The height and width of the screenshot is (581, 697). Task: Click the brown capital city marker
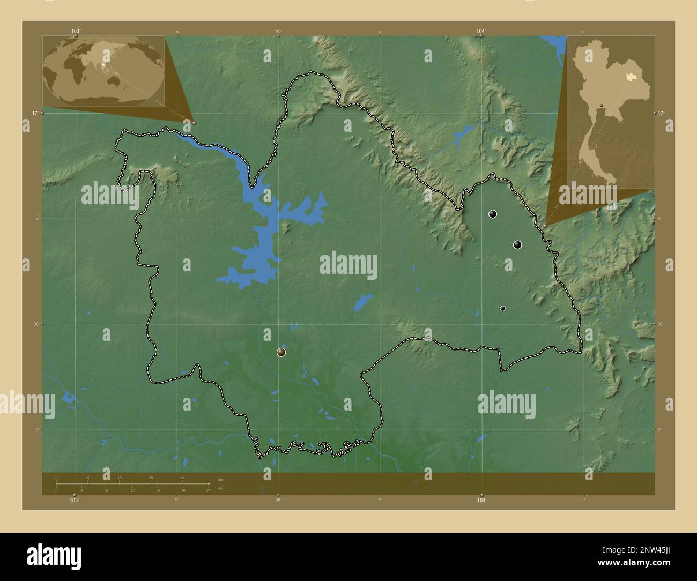pyautogui.click(x=281, y=352)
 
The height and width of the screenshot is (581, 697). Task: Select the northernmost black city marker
pyautogui.click(x=493, y=214)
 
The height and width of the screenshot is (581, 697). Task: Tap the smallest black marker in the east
pyautogui.click(x=502, y=308)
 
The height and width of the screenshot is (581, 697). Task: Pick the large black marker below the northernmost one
pyautogui.click(x=517, y=245)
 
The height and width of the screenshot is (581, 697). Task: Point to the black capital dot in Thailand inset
pyautogui.click(x=602, y=105)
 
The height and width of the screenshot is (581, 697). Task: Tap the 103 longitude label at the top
pyautogui.click(x=76, y=31)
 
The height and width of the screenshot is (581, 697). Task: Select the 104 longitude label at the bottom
pyautogui.click(x=481, y=500)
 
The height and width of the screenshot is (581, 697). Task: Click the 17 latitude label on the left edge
pyautogui.click(x=34, y=114)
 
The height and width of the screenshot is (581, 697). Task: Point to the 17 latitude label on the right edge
pyautogui.click(x=661, y=114)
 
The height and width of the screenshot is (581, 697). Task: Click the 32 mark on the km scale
pyautogui.click(x=182, y=477)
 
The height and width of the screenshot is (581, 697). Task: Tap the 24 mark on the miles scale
pyautogui.click(x=208, y=490)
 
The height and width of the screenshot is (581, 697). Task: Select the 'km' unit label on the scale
pyautogui.click(x=220, y=479)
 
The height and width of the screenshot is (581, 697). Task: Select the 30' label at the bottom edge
pyautogui.click(x=278, y=500)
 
